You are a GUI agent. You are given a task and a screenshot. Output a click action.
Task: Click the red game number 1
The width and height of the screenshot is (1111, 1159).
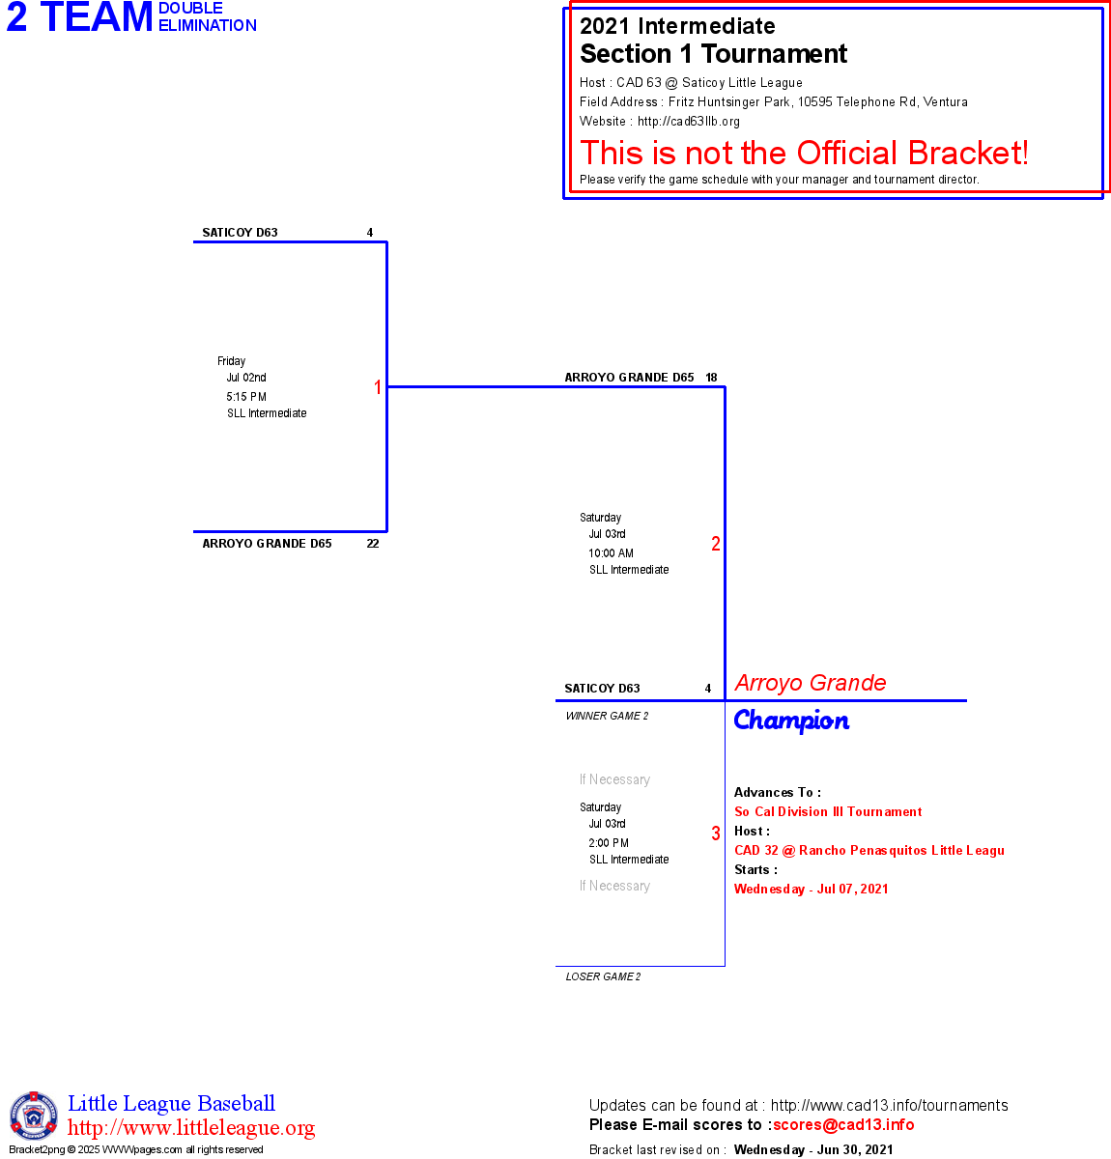[378, 387]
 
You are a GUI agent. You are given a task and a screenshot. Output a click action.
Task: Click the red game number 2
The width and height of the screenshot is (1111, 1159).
[716, 544]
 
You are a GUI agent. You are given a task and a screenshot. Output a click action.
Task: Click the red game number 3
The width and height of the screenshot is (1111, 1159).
[716, 834]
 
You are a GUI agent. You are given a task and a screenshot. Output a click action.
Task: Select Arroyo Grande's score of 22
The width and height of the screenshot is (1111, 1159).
[373, 544]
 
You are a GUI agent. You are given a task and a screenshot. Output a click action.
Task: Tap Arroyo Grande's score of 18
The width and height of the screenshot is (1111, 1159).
[711, 378]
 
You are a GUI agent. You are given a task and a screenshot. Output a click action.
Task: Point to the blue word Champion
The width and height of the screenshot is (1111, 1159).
[791, 721]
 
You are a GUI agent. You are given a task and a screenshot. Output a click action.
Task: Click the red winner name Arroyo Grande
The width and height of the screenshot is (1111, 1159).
[811, 683]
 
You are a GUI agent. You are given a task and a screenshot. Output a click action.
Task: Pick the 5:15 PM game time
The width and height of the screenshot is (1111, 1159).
[246, 397]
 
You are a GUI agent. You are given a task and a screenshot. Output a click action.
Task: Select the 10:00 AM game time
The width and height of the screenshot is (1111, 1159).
[611, 553]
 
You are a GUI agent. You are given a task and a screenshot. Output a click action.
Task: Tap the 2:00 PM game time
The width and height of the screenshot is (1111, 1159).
[609, 843]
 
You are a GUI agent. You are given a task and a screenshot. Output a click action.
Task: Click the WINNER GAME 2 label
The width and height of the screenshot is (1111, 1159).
[607, 716]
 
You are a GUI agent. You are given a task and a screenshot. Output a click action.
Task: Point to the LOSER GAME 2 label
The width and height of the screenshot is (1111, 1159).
[603, 976]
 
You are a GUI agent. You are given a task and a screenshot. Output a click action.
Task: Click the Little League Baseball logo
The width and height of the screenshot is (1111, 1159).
[34, 1116]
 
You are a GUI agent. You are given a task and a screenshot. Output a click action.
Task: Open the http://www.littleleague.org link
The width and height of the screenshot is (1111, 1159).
[191, 1128]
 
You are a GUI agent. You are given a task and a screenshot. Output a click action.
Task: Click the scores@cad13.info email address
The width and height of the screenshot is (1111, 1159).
[843, 1124]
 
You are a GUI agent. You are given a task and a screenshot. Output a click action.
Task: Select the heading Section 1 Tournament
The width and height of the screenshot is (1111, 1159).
[713, 54]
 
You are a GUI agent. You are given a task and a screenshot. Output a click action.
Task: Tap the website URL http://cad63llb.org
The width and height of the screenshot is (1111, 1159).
[689, 122]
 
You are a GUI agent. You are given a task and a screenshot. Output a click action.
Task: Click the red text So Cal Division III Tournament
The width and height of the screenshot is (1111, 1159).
[828, 812]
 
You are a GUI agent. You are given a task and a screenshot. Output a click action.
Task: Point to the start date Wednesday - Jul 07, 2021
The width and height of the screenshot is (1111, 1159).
[811, 890]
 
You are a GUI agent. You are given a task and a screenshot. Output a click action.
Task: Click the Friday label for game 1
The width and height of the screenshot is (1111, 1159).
[231, 361]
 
